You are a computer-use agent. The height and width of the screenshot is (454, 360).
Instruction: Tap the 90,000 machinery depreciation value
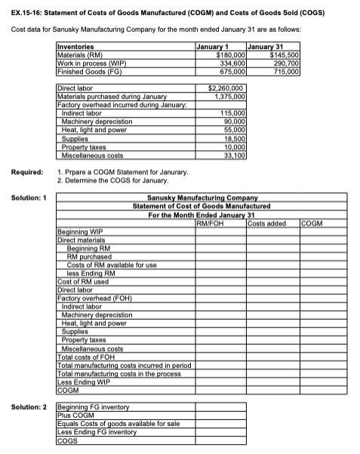coord(235,119)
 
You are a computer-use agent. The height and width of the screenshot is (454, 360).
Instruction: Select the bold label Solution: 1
coord(28,197)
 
